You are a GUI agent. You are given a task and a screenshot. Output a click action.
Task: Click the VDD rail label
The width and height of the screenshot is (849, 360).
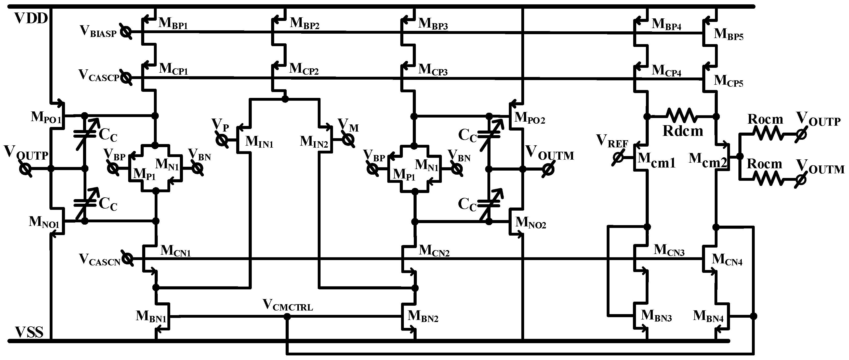[31, 19]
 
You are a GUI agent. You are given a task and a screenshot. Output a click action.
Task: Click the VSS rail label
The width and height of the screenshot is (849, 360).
[29, 332]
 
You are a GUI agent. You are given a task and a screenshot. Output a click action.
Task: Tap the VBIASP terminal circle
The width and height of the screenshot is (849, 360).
[125, 32]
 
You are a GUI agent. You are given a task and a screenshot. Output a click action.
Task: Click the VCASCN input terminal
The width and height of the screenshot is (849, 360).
[127, 259]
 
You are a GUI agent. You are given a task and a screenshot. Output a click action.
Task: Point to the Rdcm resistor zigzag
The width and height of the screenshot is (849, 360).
[682, 116]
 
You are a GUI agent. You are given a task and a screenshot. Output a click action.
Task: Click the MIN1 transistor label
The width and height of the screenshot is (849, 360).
[259, 142]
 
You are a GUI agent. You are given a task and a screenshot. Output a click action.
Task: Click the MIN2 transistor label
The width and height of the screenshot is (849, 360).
[314, 142]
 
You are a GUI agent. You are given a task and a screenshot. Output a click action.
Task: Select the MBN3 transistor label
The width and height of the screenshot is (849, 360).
[656, 316]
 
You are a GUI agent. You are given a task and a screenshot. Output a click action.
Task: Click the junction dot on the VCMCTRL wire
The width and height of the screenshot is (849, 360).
[287, 316]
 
